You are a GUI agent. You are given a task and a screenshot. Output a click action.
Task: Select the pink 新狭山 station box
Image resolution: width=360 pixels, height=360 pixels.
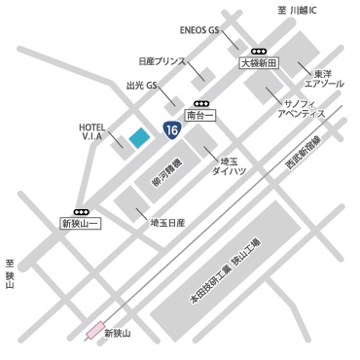[x=95, y=329]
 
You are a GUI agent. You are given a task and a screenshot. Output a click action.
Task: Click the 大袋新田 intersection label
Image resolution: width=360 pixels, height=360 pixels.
[x=259, y=62]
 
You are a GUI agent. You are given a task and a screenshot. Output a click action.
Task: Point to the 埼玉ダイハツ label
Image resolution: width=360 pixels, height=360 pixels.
[x=229, y=163]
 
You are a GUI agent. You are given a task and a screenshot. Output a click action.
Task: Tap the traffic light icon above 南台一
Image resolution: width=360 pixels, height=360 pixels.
[x=200, y=102]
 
